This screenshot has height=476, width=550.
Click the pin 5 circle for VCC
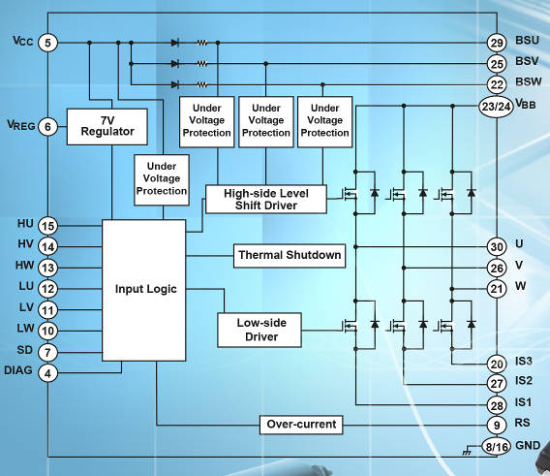click(x=48, y=43)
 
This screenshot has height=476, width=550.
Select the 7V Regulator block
click(x=107, y=126)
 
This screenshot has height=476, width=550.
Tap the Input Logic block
click(x=144, y=289)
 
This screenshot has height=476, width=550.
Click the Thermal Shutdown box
click(x=290, y=256)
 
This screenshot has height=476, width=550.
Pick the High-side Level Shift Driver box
click(x=265, y=199)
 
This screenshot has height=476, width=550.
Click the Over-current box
click(x=301, y=424)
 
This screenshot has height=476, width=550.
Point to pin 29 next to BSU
click(x=497, y=43)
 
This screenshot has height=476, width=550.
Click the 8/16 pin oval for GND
click(x=497, y=446)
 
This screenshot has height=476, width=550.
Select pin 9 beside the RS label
click(x=497, y=423)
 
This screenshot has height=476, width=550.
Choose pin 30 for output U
click(x=497, y=246)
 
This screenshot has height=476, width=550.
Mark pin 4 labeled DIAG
click(x=48, y=371)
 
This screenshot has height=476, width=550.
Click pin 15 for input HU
click(x=48, y=225)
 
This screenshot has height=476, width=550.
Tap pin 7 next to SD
click(x=48, y=351)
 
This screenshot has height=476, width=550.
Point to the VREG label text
click(x=19, y=125)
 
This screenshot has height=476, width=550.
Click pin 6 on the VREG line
click(x=48, y=126)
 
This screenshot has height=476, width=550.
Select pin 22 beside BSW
click(x=497, y=84)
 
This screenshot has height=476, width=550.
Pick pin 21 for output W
click(x=497, y=288)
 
